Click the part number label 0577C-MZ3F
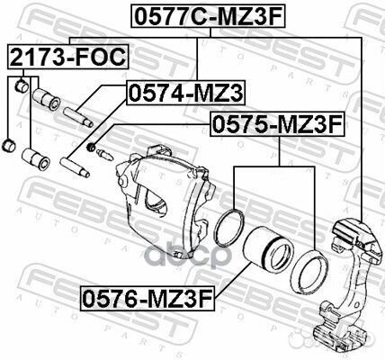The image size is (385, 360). (208, 16)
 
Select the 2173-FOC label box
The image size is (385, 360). (68, 57)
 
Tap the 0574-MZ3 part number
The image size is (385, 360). (185, 93)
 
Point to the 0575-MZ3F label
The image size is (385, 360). (277, 124)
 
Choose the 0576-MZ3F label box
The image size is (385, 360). (148, 298)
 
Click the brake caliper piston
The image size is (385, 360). (267, 248)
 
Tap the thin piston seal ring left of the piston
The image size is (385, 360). (229, 228)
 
